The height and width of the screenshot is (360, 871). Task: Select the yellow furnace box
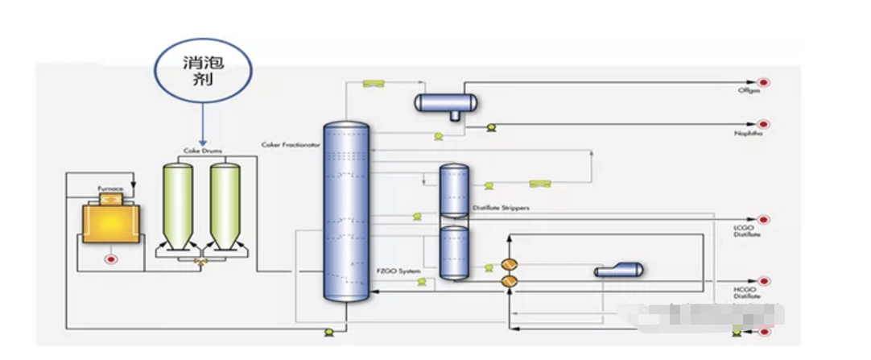[110, 221]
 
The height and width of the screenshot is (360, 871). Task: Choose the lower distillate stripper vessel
[453, 252]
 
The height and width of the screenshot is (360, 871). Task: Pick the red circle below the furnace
[110, 259]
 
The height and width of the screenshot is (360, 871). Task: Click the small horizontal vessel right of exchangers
[617, 271]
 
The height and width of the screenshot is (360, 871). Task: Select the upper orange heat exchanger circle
[509, 265]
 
